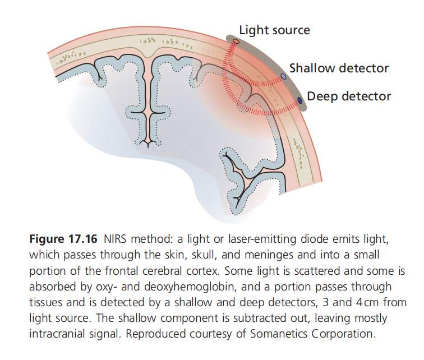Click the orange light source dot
pos(236,41)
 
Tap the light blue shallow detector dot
pos(283,76)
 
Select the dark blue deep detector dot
pos(299,100)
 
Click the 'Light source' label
pos(274,30)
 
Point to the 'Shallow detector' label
pos(339,68)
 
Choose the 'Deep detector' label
pos(349,96)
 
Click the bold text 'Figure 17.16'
pos(63,239)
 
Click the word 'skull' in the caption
pos(203,255)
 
